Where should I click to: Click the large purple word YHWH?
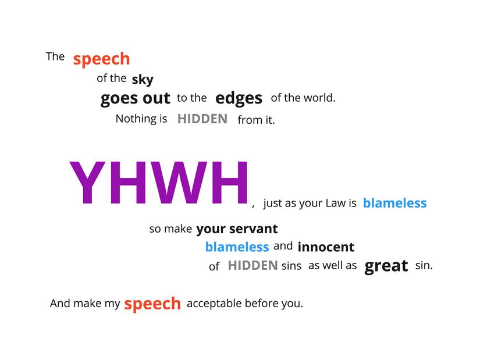coord(159,183)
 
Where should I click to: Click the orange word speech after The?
coord(102,59)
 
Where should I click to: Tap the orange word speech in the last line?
coord(152,304)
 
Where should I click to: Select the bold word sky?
coord(143,80)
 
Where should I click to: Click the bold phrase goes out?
coord(135,98)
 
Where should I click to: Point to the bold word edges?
coord(239,98)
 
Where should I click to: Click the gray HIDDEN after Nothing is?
coord(202,119)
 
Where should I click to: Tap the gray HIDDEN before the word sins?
coord(253,265)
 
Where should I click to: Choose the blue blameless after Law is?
coord(395,203)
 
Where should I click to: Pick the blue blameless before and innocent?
coord(237,247)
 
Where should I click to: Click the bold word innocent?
coord(326,247)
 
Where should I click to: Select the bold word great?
coord(386,266)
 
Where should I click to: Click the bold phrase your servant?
coord(237,229)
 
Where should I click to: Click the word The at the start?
coord(55,56)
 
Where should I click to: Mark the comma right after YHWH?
coord(253,206)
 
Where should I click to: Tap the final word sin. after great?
coord(424,265)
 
